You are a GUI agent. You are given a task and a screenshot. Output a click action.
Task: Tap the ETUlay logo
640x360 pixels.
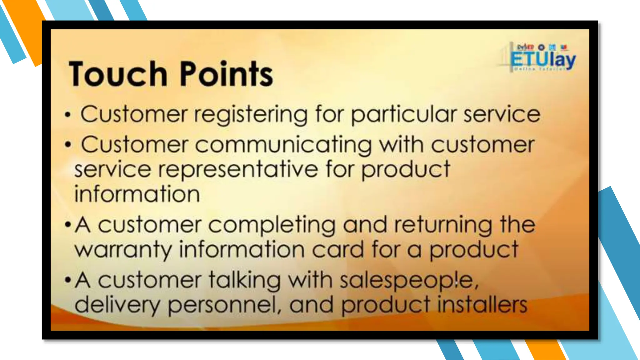click(543, 58)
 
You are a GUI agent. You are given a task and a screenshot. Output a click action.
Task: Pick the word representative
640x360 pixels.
click(238, 170)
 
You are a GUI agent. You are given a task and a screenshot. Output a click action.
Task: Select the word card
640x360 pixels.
click(338, 250)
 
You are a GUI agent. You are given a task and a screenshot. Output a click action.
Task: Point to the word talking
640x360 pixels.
click(245, 281)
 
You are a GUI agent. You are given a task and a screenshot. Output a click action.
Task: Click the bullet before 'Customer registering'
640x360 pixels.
click(68, 115)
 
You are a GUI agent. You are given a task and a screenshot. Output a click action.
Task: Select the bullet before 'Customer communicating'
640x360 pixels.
click(68, 145)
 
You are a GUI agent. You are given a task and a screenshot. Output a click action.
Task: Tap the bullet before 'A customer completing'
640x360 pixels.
click(67, 224)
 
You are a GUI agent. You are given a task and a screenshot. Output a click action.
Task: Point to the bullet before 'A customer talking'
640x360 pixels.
click(67, 279)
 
